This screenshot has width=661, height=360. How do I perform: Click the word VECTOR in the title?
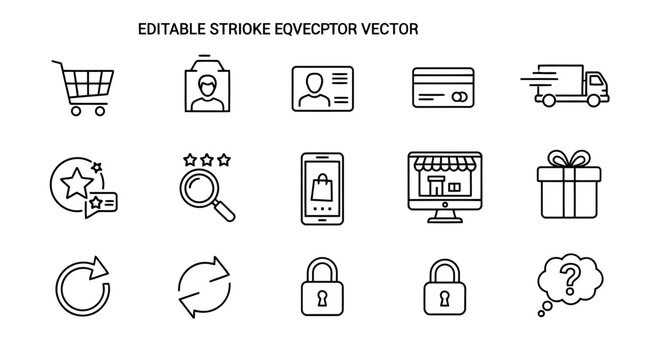388,30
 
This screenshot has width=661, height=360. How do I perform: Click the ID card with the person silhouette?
322,89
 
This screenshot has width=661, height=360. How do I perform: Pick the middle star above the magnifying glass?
206,157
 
